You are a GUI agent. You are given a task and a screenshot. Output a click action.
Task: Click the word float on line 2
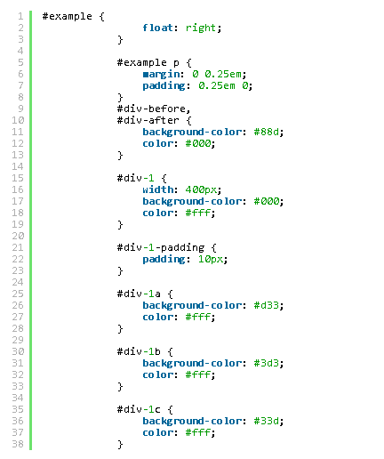157,28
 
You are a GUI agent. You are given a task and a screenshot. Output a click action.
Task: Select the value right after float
201,28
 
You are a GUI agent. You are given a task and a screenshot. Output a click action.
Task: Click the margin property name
161,74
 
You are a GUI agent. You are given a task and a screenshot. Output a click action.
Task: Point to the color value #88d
267,132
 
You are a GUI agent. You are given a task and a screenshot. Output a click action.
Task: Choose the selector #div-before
151,109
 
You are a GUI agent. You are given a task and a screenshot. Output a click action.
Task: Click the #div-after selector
148,120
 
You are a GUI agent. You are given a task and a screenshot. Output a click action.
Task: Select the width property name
157,189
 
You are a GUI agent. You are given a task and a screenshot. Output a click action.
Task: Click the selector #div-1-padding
161,247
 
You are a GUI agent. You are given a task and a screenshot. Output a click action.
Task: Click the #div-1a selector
139,294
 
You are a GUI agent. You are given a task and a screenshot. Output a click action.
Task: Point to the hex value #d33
267,305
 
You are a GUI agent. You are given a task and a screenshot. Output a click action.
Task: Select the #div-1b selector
139,351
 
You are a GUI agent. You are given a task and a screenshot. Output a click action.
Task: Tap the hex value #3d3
267,363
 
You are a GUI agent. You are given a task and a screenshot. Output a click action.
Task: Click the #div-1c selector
139,409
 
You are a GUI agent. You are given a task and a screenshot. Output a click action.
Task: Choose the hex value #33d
267,421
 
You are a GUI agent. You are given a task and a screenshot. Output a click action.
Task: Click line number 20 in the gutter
18,236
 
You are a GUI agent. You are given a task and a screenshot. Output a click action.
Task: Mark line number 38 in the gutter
18,444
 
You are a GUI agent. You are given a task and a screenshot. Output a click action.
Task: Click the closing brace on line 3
120,39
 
